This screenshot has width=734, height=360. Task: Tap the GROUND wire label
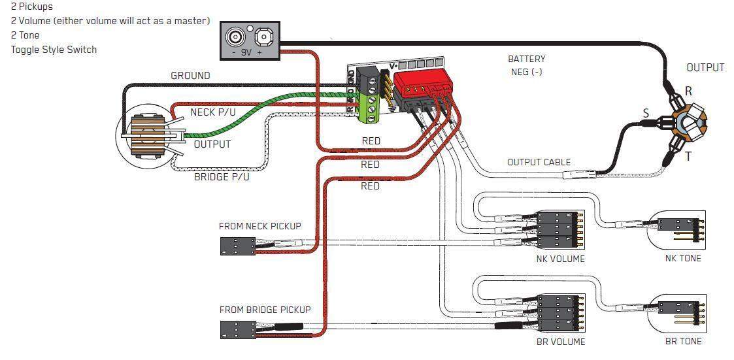coord(190,76)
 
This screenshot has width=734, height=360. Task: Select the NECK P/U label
coord(212,112)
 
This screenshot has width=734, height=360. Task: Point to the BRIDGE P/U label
coord(222,177)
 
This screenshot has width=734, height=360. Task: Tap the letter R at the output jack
coord(688,91)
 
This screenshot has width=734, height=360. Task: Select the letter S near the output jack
coord(646,114)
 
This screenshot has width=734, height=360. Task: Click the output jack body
coord(688,124)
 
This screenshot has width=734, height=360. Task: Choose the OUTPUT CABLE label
coord(539,162)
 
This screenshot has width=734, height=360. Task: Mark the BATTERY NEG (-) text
coord(526,65)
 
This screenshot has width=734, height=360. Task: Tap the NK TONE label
coord(682,259)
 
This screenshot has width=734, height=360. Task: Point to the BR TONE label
coord(682,342)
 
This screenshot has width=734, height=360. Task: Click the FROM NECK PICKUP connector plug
coord(237,246)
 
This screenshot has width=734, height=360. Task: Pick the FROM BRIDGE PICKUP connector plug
coord(237,329)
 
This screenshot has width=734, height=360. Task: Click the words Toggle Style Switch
coord(54,50)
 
